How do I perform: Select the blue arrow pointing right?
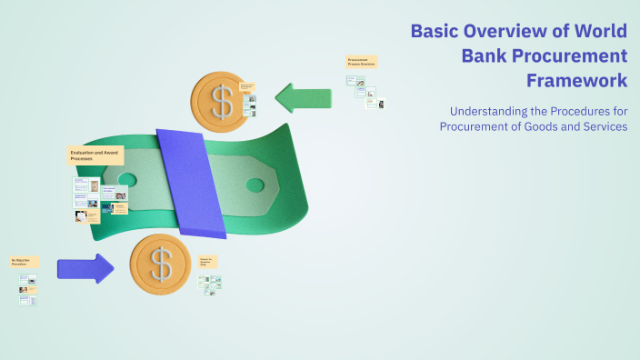coord(85,268)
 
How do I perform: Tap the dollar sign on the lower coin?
coord(161,265)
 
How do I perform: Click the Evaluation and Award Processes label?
coord(95,155)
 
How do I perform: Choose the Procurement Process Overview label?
coord(361,62)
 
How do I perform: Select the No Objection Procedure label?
coord(25,262)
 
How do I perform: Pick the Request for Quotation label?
coord(208,262)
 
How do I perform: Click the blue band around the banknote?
coord(190,181)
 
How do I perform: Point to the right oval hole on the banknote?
coord(255,185)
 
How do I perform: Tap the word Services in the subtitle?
coord(602,126)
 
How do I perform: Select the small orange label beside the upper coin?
coord(247,87)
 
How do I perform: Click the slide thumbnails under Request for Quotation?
coord(211,283)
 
